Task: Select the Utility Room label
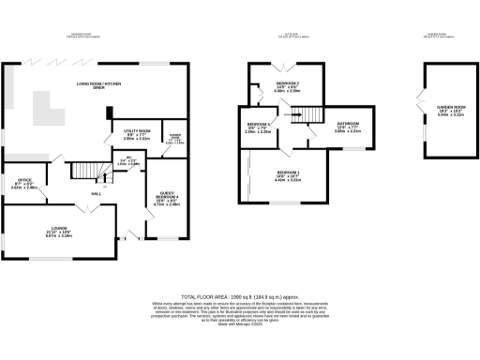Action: click(124, 134)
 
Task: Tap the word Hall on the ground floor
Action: click(97, 193)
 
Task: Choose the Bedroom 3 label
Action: click(259, 127)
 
